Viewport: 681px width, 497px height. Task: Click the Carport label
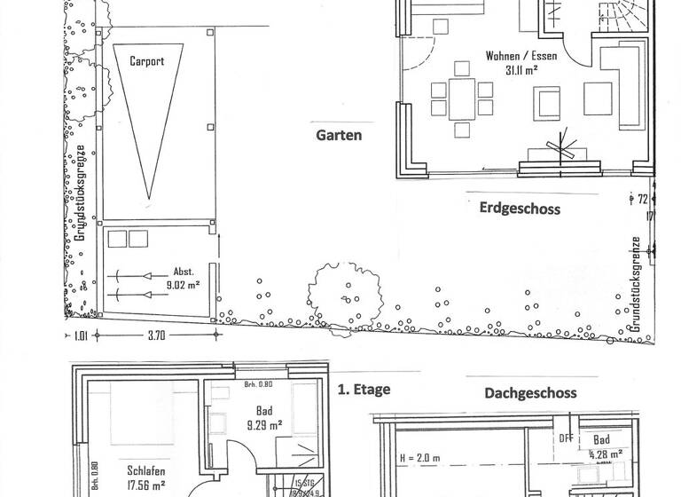[x=146, y=61]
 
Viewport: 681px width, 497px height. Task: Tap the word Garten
[x=338, y=136]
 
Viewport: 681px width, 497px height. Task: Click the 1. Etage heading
[x=364, y=389]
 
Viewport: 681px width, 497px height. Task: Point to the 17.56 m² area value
[x=146, y=485]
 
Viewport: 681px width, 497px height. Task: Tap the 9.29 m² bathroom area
[x=264, y=425]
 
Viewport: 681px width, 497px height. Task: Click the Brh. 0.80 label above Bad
[x=258, y=386]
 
